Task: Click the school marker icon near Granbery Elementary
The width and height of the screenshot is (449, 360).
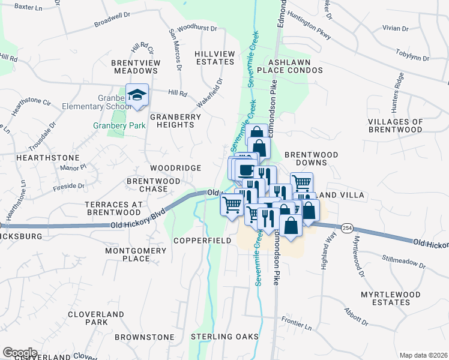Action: point(137,95)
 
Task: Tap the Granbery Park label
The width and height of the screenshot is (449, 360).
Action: point(110,126)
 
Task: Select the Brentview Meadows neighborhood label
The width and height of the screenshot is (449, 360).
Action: point(134,67)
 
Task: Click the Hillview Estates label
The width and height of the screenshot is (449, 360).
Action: point(214,58)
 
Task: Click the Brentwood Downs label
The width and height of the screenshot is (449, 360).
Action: point(311,158)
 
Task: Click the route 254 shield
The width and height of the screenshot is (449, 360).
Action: point(347,228)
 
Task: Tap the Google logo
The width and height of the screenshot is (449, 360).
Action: point(20,353)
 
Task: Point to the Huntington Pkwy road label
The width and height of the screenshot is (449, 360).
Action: point(309,27)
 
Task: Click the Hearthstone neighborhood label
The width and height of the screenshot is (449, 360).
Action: point(39,157)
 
